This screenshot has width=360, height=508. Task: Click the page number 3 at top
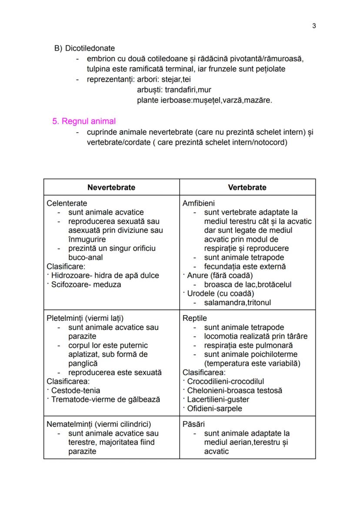coord(314,26)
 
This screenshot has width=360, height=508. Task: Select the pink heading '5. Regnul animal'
coord(84,122)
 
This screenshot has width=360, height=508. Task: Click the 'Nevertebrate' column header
coord(111,187)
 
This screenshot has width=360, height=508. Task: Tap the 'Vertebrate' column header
coord(247,187)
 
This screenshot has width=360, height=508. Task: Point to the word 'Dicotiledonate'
coord(90,48)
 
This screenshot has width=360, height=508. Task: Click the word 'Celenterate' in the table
coord(67,203)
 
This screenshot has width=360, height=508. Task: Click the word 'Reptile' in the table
coord(195,318)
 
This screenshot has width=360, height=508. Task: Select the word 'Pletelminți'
coord(67,318)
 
